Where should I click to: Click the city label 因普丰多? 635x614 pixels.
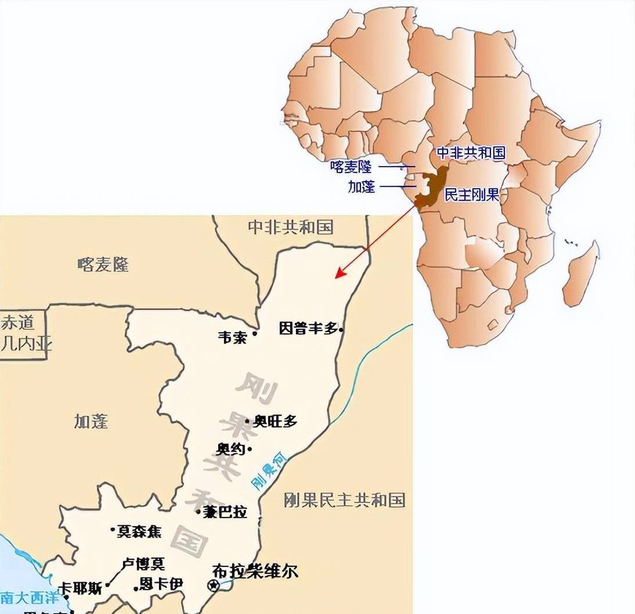308,328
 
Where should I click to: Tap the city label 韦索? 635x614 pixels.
232,337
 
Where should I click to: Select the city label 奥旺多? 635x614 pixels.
275,422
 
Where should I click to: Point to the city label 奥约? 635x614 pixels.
230,449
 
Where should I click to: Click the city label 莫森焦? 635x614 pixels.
140,531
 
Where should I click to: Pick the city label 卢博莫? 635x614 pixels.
143,563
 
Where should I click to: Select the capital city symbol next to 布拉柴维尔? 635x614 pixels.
214,584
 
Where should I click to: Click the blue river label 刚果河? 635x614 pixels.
269,470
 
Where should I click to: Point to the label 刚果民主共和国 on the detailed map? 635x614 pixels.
344,500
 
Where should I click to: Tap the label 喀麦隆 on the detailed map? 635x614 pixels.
103,265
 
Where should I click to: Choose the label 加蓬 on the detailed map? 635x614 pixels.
91,421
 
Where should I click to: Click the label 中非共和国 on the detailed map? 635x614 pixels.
290,227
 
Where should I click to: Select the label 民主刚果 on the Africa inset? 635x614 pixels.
471,195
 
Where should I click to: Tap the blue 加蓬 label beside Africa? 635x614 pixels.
361,186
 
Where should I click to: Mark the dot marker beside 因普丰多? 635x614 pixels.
341,329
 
